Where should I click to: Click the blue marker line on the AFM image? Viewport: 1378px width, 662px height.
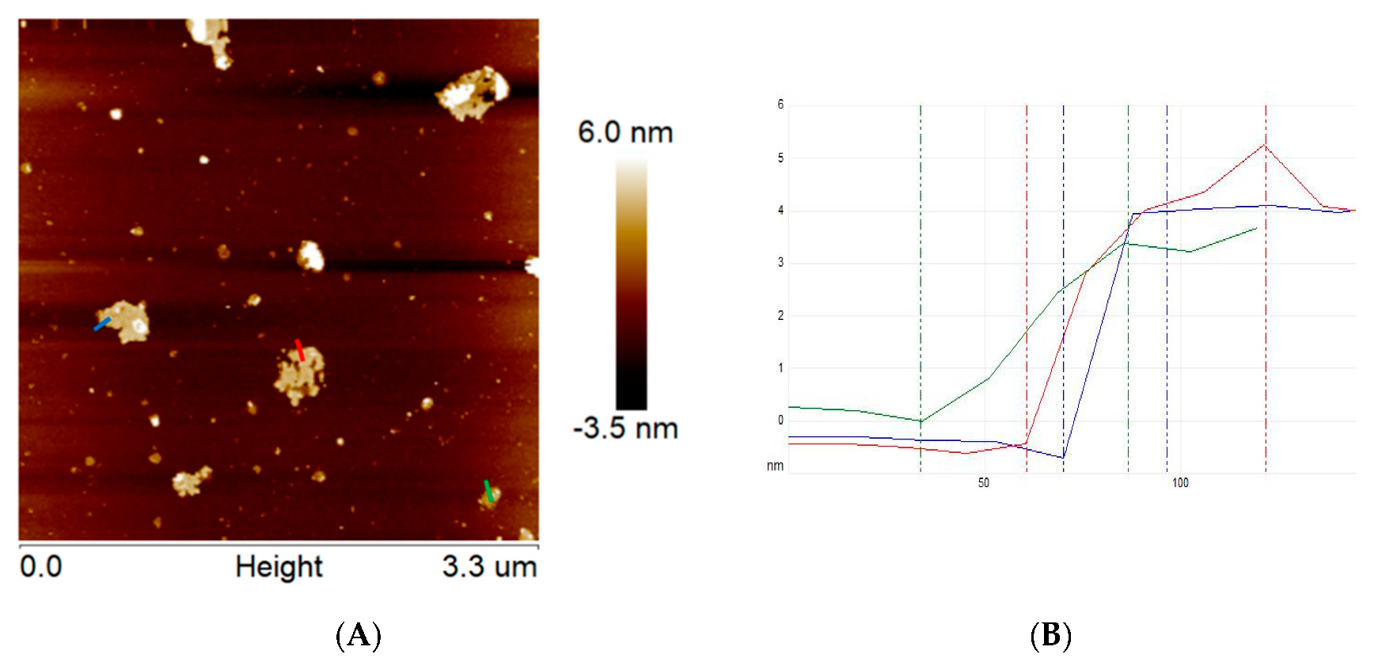click(102, 323)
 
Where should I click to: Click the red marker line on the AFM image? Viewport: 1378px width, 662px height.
click(299, 349)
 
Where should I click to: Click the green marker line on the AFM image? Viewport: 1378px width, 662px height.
click(488, 490)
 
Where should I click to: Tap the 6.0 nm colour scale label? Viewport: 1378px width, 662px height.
click(625, 132)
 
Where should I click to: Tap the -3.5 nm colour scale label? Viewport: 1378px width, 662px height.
click(625, 428)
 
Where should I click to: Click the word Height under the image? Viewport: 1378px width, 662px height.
click(279, 567)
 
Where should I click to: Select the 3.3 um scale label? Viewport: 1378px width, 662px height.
click(489, 567)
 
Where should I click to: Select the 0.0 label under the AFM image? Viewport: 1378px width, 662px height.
click(40, 567)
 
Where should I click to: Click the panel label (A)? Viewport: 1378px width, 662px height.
click(359, 636)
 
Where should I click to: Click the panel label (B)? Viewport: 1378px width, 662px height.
click(1050, 636)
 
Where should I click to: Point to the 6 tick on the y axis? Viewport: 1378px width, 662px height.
click(780, 105)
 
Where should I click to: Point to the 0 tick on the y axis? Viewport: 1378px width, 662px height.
click(780, 420)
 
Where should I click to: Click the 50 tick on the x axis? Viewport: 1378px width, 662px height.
click(983, 483)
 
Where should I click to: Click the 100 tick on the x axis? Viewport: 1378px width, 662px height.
click(1180, 483)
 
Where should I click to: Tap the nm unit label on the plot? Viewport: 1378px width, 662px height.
click(775, 466)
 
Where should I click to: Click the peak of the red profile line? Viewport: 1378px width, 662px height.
click(1265, 145)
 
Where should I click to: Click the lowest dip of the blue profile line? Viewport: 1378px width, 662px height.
click(1063, 458)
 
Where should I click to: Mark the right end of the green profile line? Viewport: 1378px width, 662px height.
click(1256, 229)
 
